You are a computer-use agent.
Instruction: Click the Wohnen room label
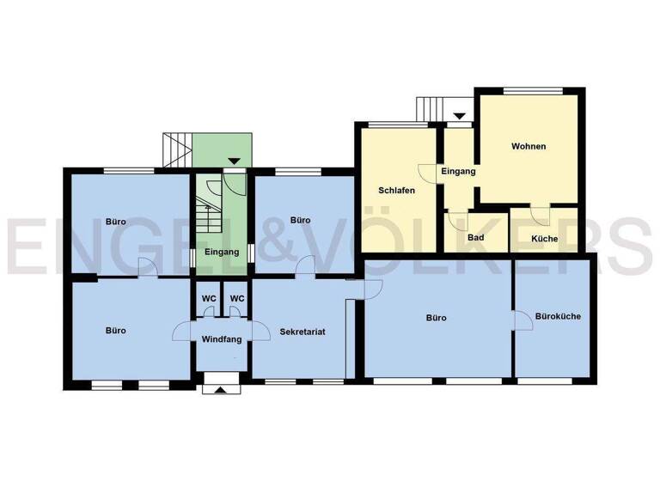pos(528,146)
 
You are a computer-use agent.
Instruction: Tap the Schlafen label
pos(393,190)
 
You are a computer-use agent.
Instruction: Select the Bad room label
pos(475,238)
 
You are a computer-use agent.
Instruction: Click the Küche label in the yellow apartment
pos(544,239)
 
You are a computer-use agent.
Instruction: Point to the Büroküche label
pos(558,316)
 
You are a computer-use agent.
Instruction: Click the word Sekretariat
pos(302,331)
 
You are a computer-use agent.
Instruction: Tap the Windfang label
pos(220,339)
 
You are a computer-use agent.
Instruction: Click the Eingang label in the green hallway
pos(221,252)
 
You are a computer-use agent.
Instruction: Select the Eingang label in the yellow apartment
pos(458,172)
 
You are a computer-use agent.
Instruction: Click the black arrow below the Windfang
pos(221,390)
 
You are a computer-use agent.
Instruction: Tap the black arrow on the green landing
pos(234,161)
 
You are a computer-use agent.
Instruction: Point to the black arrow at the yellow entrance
pos(459,116)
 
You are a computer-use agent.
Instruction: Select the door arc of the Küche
pos(540,216)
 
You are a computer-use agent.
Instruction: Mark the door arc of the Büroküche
pos(521,320)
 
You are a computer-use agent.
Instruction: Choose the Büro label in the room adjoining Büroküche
pos(436,318)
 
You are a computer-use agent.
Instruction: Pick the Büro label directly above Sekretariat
pos(300,221)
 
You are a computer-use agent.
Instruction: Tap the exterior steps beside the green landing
pos(177,150)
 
